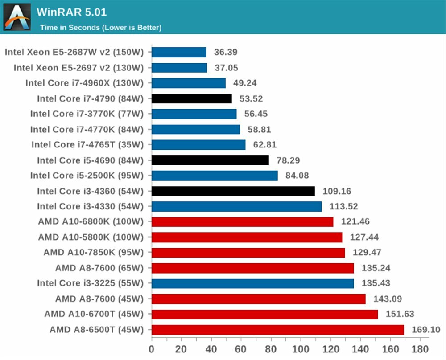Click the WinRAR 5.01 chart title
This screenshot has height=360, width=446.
(72, 12)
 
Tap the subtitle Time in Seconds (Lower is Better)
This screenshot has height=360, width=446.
(101, 28)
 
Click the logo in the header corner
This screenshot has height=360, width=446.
(17, 17)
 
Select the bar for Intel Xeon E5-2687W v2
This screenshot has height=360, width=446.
(179, 52)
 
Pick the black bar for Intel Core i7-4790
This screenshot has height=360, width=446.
(192, 98)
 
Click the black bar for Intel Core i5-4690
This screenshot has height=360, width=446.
(210, 160)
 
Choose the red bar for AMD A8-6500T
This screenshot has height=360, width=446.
(278, 330)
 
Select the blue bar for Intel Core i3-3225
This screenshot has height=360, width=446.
(253, 283)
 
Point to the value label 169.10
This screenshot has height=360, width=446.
(425, 330)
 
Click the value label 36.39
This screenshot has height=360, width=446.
(226, 52)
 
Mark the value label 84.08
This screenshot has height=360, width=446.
(297, 176)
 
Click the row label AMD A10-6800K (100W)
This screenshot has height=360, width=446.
(91, 221)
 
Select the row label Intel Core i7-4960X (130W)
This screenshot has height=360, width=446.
(84, 83)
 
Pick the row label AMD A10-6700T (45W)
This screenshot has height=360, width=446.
(94, 314)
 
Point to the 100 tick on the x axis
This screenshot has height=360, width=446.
(301, 348)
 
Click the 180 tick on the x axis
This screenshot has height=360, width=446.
(420, 348)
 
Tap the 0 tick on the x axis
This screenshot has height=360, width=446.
(152, 348)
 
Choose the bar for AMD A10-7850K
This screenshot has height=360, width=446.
(248, 253)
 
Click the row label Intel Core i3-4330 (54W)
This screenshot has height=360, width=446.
(91, 206)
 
